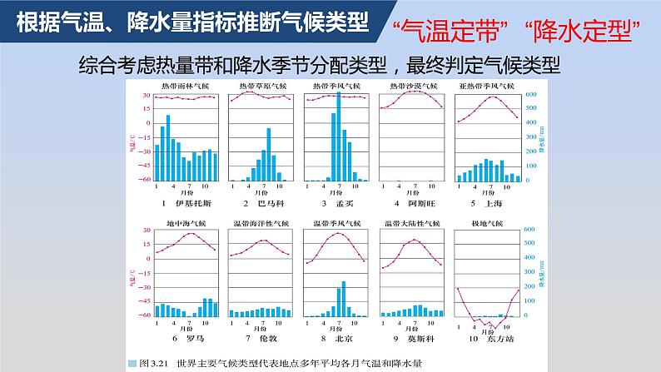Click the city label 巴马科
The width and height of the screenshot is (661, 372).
[266, 203]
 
